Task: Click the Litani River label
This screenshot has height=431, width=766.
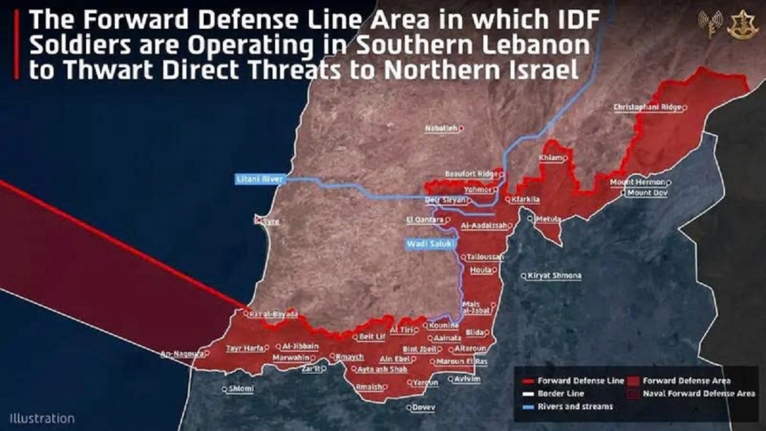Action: tap(260, 179)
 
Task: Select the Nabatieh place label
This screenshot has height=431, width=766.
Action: tap(440, 129)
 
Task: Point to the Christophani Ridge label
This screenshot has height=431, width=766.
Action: tap(647, 108)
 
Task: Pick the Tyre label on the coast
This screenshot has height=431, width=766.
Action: tap(270, 221)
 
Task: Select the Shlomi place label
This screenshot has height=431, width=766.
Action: tap(240, 388)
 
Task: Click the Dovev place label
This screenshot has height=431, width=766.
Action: tap(423, 407)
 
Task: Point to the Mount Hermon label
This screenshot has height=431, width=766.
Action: tap(637, 182)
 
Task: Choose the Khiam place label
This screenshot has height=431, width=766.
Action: tap(551, 158)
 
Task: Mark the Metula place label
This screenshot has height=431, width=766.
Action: tap(549, 219)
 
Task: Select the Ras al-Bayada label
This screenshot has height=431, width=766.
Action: tap(274, 313)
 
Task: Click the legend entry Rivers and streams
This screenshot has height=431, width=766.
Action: tap(574, 407)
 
